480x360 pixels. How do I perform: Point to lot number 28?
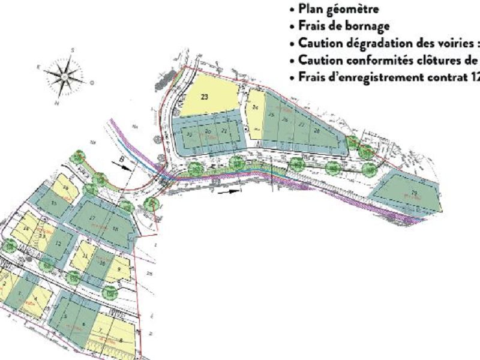[x=316, y=130]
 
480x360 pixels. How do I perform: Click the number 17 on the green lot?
[x=92, y=218]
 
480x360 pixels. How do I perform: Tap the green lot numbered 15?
[x=54, y=203]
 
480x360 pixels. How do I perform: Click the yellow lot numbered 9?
[x=119, y=270]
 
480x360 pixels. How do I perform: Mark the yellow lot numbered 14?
[x=26, y=229]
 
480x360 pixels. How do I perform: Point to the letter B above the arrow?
[x=122, y=160]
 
